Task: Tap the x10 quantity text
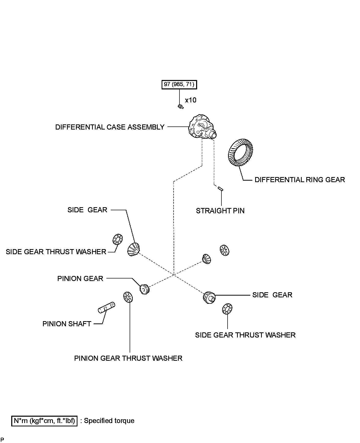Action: pos(191,100)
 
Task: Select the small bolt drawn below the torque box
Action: pos(181,107)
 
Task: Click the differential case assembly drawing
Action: pos(202,127)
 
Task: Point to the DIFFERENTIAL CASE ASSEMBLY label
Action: pos(110,127)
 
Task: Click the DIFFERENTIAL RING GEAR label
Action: pos(300,180)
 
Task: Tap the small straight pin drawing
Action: pos(221,189)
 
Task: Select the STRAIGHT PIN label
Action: pos(220,211)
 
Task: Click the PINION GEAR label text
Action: pos(80,278)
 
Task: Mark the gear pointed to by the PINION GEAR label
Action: pos(144,289)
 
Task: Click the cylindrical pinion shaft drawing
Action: pos(107,307)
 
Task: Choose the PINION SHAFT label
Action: pos(67,324)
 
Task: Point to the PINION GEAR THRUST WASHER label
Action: pos(128,358)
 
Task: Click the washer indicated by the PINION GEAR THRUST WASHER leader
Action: pos(128,297)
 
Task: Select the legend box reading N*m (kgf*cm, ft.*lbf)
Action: pos(44,421)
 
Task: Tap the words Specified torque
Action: pos(109,421)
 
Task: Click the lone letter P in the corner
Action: pos(2,439)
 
